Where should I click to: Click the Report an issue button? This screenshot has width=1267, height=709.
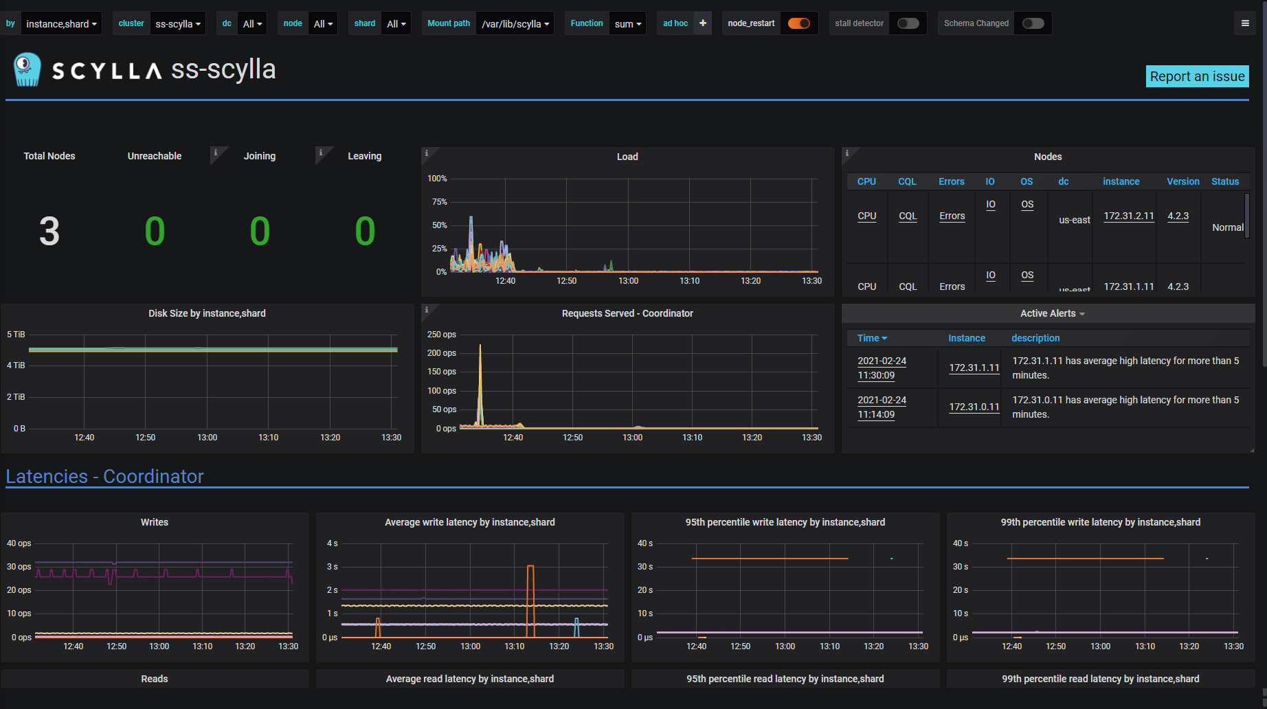coord(1197,76)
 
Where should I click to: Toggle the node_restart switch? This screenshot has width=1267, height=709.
coord(798,23)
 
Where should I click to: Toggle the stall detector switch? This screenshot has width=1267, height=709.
coord(908,23)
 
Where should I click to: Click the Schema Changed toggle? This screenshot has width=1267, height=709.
coord(1033,23)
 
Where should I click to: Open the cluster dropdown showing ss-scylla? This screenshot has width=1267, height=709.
coord(178,23)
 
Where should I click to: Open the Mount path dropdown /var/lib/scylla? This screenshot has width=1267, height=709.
coord(515,23)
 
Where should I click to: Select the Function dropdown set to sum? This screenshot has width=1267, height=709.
coord(627,23)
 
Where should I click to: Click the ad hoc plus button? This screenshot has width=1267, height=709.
coord(703,23)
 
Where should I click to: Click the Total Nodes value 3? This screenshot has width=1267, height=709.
coord(49,232)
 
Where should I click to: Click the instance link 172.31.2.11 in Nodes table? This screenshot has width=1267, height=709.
coord(1128,216)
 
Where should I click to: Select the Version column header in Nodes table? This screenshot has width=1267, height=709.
coord(1182,181)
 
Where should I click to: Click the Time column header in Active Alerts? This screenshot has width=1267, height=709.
coord(871,338)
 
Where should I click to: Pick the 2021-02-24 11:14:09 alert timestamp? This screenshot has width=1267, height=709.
coord(882,407)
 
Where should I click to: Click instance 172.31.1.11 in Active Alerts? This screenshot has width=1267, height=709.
coord(974,368)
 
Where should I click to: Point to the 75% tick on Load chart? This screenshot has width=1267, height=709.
coord(439,202)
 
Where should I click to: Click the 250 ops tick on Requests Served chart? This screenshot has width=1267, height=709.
coord(441,335)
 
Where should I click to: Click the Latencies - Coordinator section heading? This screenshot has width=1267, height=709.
coord(104,476)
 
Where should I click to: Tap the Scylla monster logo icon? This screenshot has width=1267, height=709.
coord(27,69)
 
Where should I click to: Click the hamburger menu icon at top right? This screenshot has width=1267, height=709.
coord(1245,23)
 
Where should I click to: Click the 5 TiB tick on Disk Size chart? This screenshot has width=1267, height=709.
coord(16,335)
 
